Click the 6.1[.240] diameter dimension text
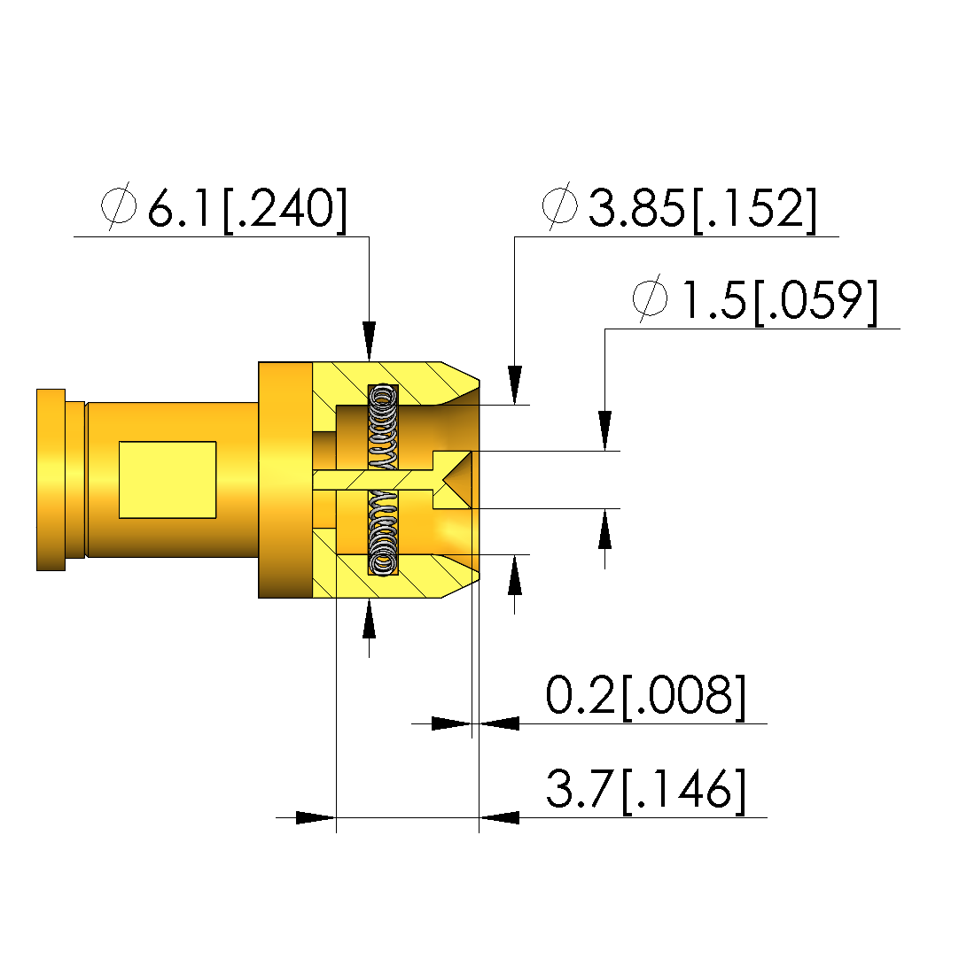[247, 209]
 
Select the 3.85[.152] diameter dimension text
[703, 209]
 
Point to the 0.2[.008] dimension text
[645, 696]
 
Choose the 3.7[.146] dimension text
[645, 790]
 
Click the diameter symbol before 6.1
[119, 205]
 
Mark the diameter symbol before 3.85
[560, 205]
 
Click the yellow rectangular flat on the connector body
[168, 480]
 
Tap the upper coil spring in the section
[383, 426]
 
